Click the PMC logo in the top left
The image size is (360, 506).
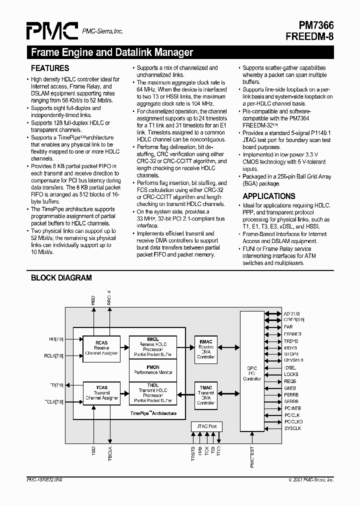[52, 31]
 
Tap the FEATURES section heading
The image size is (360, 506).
[50, 68]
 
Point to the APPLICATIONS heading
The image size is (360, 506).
[269, 196]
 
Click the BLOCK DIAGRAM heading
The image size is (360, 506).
[61, 278]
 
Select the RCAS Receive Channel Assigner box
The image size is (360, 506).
[101, 348]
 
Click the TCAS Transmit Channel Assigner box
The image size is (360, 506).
[101, 392]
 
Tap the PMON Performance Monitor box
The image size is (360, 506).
[153, 370]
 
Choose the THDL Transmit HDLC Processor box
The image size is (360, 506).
[153, 393]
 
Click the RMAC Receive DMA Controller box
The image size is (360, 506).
[205, 348]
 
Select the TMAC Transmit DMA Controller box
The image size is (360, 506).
[205, 394]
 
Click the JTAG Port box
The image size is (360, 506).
[206, 426]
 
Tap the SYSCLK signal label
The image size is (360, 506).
[292, 428]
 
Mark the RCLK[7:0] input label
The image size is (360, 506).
[53, 356]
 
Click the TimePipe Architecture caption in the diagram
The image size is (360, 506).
[153, 414]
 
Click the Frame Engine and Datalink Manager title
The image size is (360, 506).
[112, 52]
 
